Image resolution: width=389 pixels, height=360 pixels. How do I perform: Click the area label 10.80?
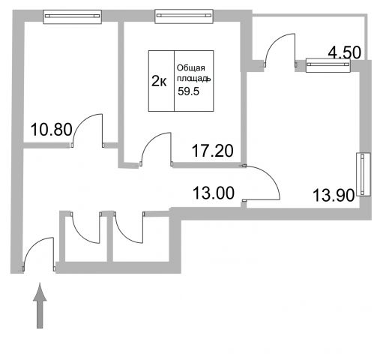point(52,130)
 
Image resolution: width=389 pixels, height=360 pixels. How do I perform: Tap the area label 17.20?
point(212,151)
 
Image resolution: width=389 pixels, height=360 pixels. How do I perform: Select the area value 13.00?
point(214,193)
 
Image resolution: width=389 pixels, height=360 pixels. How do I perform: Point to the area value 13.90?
point(334,195)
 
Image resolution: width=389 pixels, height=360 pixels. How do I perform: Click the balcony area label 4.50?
point(345,52)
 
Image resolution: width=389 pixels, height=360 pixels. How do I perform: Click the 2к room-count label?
point(159,81)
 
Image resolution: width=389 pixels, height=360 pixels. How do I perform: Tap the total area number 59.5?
point(188,91)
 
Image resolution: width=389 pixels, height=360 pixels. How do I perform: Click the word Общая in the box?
point(191,68)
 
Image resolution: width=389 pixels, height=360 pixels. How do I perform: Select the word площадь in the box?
point(194,79)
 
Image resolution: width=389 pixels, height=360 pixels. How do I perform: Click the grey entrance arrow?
point(40,305)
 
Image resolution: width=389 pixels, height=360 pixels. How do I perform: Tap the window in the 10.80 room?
point(73,16)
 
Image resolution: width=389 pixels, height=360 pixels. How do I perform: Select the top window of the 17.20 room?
point(184,16)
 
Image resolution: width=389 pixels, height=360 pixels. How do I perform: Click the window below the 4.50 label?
point(328,65)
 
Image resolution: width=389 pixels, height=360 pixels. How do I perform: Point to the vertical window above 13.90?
point(364,174)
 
